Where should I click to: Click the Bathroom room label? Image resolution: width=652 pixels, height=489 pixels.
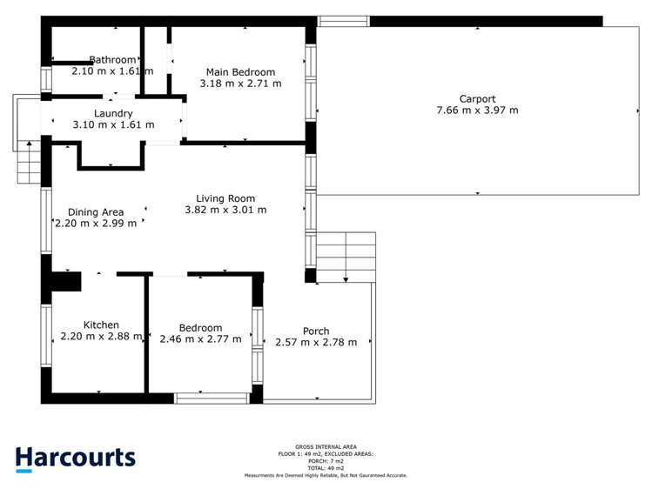112,60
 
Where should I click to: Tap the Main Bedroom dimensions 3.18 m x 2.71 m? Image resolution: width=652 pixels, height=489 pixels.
240,84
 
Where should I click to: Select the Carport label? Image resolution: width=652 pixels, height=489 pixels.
477,98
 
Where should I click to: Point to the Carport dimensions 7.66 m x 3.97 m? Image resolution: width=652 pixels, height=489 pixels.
477,111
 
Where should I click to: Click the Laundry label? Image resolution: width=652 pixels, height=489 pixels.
113,113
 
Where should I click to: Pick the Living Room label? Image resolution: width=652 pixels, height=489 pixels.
225,198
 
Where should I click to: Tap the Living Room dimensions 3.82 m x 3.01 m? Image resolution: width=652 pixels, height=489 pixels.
225,210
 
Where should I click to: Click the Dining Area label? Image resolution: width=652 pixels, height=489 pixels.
96,211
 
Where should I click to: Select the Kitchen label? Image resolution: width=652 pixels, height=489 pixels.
101,325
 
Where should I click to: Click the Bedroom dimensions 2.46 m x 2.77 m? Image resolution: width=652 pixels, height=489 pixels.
200,339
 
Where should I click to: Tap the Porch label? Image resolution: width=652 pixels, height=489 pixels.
316,331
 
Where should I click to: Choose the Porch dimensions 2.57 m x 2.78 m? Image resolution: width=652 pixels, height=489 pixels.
316,342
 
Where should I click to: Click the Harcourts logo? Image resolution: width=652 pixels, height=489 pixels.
75,459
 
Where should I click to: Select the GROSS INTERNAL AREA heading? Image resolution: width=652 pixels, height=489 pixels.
326,447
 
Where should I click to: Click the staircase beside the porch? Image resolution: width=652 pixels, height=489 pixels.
346,257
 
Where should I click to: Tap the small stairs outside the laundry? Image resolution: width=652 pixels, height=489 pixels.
29,164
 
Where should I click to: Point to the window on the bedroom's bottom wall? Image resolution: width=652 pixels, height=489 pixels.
212,399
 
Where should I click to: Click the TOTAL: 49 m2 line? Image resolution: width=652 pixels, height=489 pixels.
326,468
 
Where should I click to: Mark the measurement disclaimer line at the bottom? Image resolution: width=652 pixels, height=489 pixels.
326,476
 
